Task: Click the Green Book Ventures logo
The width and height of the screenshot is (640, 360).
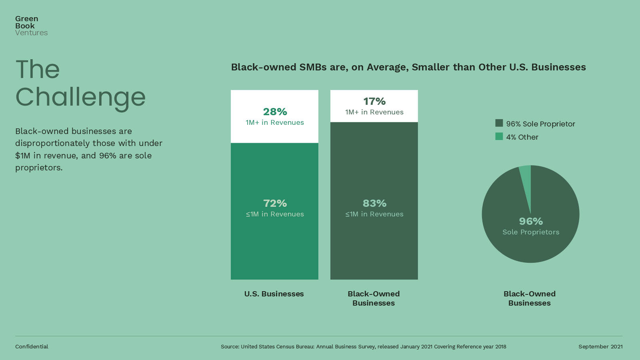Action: pos(31,26)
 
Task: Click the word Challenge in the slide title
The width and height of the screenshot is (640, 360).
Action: pos(80,97)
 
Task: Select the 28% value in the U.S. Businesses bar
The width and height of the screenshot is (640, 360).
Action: pos(275,112)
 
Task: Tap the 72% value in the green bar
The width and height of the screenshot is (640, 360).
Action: pos(275,203)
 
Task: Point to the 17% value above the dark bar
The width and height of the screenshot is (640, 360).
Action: pos(374,101)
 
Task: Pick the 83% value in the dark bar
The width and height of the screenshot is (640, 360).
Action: pos(374,203)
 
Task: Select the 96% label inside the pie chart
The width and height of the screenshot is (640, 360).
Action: pos(531,221)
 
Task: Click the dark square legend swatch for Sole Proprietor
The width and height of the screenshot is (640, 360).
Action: pos(499,123)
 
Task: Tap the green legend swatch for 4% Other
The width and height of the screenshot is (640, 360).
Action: pos(499,136)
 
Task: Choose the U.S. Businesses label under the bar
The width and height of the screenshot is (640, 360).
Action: pos(274,294)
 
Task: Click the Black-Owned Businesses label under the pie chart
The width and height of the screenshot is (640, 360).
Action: pos(529,298)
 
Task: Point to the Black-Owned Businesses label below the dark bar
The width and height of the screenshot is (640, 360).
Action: pos(374,298)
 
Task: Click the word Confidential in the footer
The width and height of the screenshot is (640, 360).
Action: pos(32,346)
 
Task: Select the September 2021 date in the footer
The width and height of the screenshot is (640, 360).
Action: pos(600,346)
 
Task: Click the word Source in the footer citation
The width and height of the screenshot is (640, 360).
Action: pos(229,346)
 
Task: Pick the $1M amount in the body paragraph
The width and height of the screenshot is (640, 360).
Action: pos(23,156)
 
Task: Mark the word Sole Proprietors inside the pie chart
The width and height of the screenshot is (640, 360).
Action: pos(531,232)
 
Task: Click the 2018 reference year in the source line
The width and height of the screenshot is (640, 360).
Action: pos(500,346)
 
